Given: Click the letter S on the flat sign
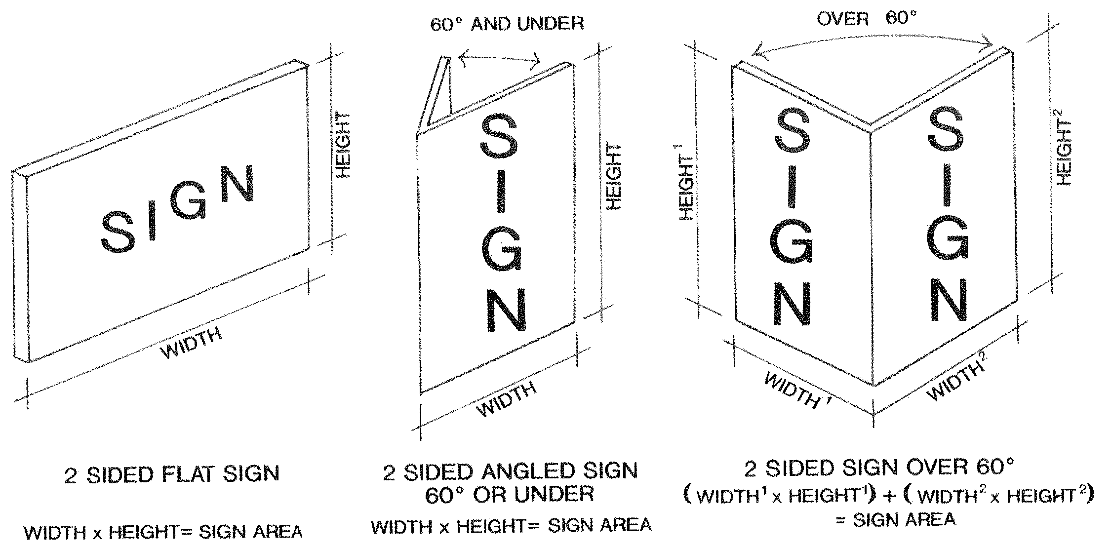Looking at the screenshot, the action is tap(118, 231).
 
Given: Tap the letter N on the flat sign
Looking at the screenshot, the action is tap(238, 184).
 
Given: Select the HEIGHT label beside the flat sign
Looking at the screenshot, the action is tap(343, 144).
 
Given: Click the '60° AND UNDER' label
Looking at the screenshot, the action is tap(507, 24).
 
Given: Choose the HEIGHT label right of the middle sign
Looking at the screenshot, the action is tap(613, 177).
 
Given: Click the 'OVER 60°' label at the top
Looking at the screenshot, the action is tap(867, 19).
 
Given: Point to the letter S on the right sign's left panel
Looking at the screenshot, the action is tap(793, 131).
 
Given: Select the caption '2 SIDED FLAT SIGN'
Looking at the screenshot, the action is tap(172, 474).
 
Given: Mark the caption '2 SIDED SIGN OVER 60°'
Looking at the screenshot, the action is tap(878, 468).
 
